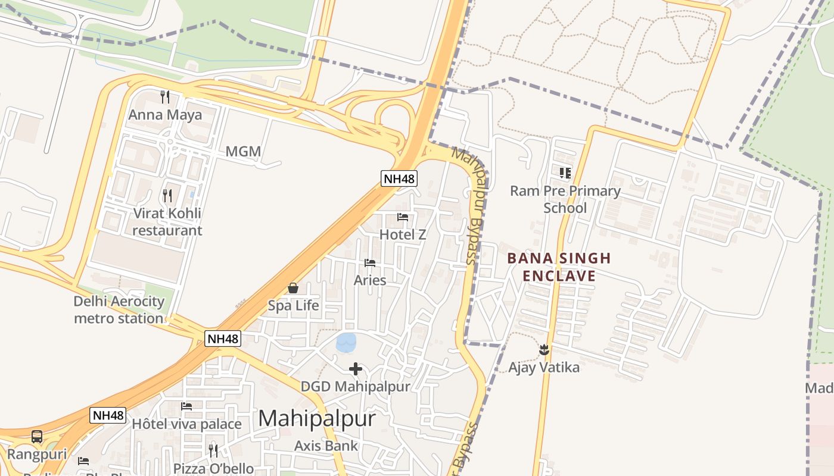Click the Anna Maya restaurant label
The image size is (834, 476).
[165, 115]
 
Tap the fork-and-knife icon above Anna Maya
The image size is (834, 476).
[165, 96]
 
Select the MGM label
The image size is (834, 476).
[243, 151]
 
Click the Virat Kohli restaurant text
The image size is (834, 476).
[167, 221]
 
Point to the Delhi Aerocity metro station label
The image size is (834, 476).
[119, 309]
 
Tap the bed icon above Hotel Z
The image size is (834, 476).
[403, 217]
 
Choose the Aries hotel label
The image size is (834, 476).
[370, 280]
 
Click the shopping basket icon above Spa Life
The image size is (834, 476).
[293, 288]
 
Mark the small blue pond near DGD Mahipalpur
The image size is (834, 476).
[346, 342]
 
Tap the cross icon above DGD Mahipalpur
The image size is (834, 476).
[356, 369]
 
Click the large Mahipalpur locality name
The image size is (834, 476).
[317, 418]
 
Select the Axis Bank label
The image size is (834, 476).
[326, 446]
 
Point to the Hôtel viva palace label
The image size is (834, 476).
[186, 424]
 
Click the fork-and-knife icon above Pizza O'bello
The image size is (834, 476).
[213, 450]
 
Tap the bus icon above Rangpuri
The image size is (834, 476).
[37, 437]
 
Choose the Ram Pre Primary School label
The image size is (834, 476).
[565, 199]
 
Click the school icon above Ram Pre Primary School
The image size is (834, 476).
[565, 173]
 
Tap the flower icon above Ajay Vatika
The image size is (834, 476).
[543, 349]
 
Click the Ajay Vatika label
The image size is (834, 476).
[544, 367]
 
